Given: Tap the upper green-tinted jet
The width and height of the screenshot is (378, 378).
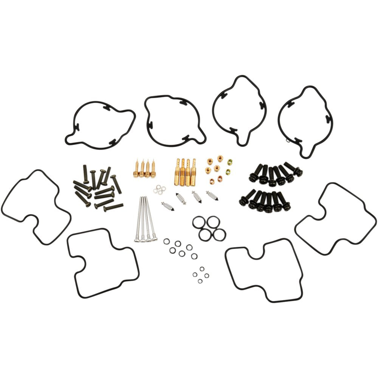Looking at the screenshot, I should point(229,162).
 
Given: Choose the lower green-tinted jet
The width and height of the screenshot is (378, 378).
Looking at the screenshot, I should point(228,172).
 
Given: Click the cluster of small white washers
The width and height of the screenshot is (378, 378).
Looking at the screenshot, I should point(160,189).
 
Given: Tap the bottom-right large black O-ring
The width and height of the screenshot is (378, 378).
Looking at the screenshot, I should point(219,234).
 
